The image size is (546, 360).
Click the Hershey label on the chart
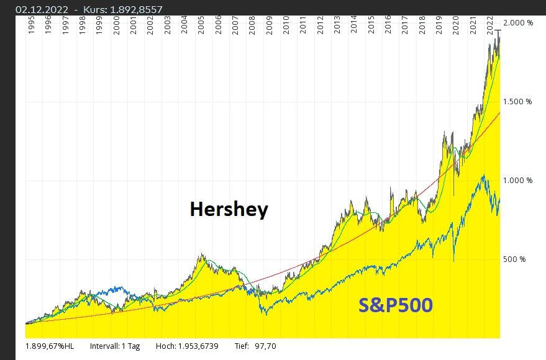click(x=229, y=209)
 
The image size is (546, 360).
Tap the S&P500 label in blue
click(x=396, y=305)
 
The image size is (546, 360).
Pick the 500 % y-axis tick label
click(x=514, y=259)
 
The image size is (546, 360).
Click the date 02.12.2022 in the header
click(x=42, y=9)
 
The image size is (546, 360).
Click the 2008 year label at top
click(x=252, y=29)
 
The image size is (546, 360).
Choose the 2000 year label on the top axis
click(x=116, y=29)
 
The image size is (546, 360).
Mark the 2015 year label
click(x=371, y=29)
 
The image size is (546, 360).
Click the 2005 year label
click(x=201, y=29)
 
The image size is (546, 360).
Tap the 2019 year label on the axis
click(x=439, y=29)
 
